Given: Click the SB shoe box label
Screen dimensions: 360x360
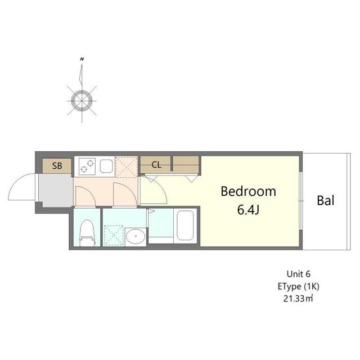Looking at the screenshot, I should click(x=57, y=165).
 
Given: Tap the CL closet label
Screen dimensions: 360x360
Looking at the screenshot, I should click(x=156, y=165).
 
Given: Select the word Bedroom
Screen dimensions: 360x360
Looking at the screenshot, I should click(x=248, y=191).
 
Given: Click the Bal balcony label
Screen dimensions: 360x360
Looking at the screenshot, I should click(x=326, y=200).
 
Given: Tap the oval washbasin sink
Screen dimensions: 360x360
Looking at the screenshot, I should click(x=134, y=236).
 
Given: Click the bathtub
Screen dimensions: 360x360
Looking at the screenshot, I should click(x=185, y=227).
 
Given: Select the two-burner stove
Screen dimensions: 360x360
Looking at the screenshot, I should click(x=87, y=165).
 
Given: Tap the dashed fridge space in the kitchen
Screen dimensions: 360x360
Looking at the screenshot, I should click(x=126, y=166).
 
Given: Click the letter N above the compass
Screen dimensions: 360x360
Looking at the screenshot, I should click(x=82, y=59).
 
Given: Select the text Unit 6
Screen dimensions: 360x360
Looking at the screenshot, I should click(x=299, y=274).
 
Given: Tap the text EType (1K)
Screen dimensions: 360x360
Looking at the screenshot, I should click(x=299, y=286).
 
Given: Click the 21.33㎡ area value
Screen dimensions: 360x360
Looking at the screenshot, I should click(x=299, y=298).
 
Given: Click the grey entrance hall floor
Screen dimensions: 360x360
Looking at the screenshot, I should click(x=55, y=191).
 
